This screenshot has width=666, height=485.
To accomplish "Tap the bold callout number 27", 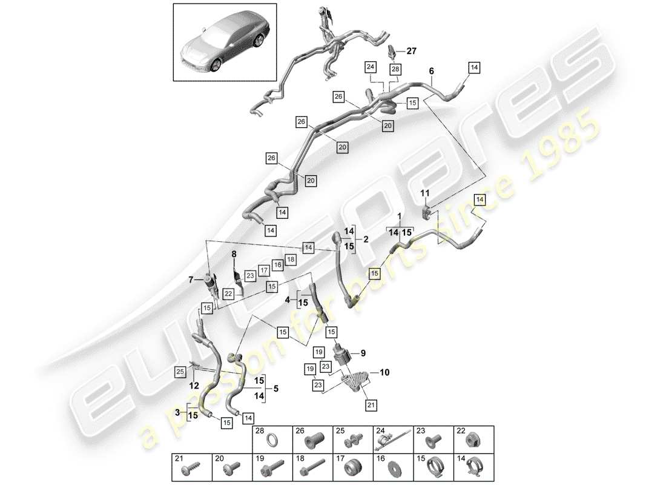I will (x=412, y=52).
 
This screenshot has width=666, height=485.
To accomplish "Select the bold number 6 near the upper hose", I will (x=431, y=72).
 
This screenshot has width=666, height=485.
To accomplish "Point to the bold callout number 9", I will (x=363, y=353).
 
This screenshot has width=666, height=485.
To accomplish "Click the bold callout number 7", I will (x=191, y=279).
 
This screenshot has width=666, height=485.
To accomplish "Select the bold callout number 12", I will (x=193, y=386).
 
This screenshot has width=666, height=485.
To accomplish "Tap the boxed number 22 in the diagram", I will (x=228, y=293).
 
